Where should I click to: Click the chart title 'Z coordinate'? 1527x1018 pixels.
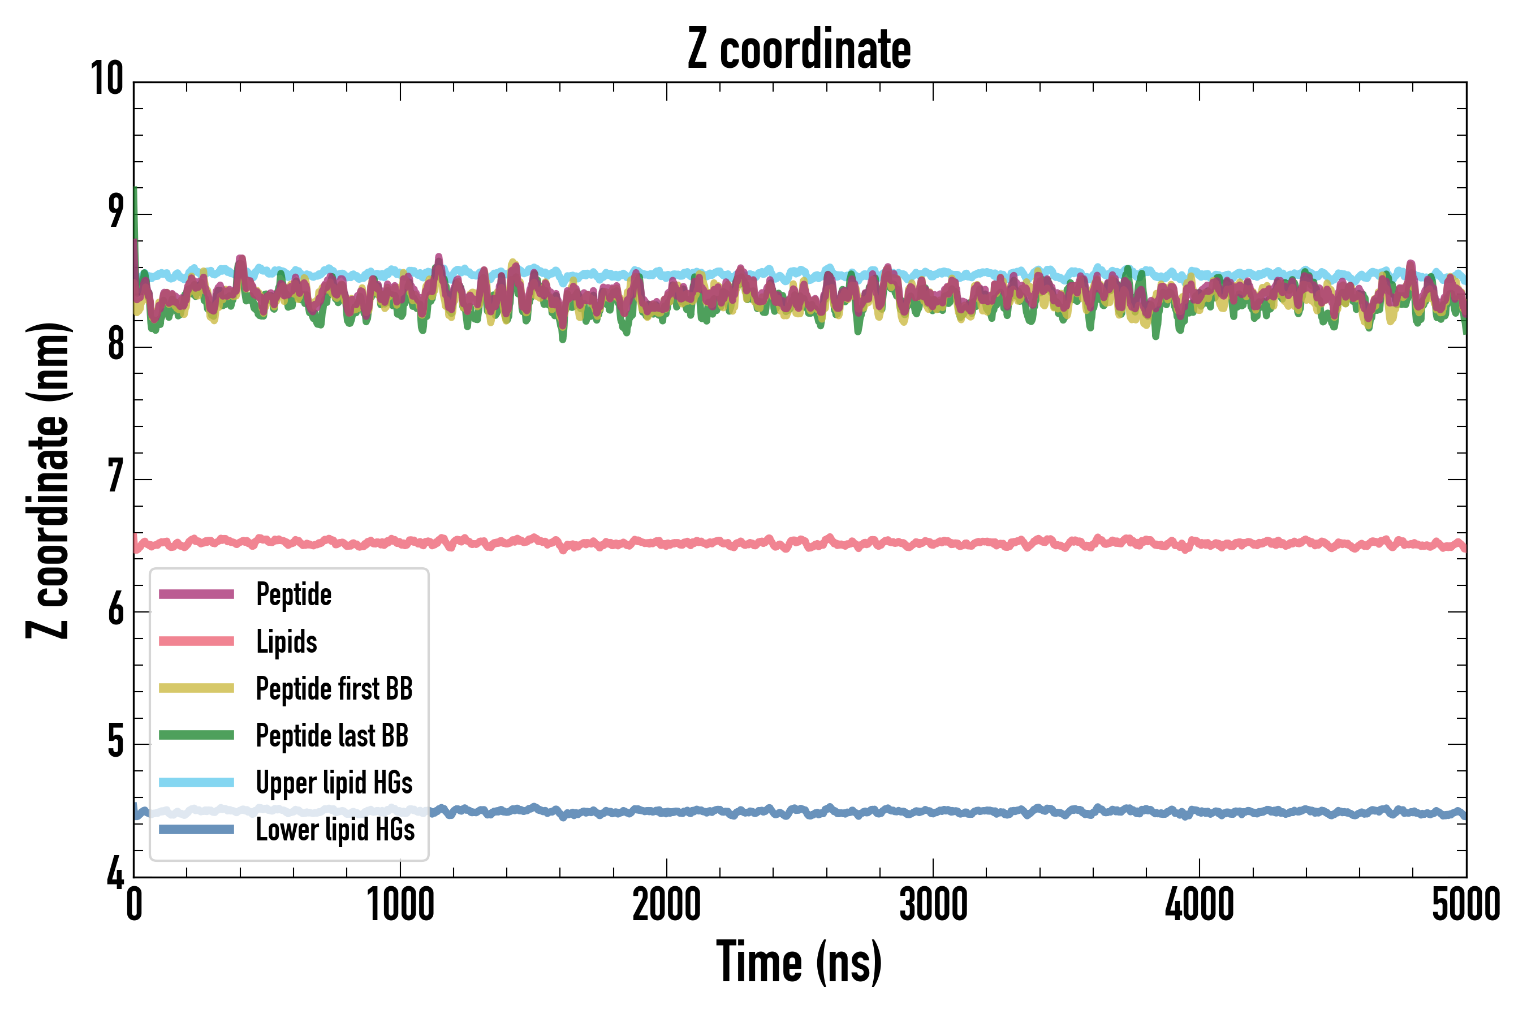click(x=799, y=49)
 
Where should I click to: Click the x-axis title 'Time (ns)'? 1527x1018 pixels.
click(x=799, y=963)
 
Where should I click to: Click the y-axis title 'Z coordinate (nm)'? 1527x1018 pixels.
click(x=48, y=480)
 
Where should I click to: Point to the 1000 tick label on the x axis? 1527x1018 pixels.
click(x=400, y=905)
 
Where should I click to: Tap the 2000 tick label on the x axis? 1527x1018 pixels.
click(x=667, y=905)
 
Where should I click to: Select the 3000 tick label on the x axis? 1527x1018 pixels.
click(x=933, y=905)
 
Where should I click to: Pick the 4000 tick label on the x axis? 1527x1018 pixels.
click(x=1199, y=905)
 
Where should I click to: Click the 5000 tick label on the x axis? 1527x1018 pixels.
click(x=1465, y=905)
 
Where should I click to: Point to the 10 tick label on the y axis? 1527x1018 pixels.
click(x=107, y=79)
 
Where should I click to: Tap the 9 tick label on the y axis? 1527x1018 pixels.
click(x=115, y=212)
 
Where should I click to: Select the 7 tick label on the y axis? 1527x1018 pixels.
click(x=115, y=477)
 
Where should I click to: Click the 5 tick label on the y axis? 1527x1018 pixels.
click(x=115, y=742)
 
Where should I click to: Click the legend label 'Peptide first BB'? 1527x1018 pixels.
click(x=334, y=689)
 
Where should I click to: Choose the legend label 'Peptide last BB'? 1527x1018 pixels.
click(x=332, y=736)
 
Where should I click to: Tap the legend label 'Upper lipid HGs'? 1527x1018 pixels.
click(x=334, y=783)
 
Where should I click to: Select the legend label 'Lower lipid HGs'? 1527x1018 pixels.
click(x=335, y=830)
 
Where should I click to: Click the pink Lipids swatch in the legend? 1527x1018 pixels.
click(x=196, y=641)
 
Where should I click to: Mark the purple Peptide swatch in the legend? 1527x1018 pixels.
click(x=196, y=594)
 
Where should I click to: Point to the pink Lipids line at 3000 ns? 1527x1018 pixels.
click(x=933, y=543)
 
